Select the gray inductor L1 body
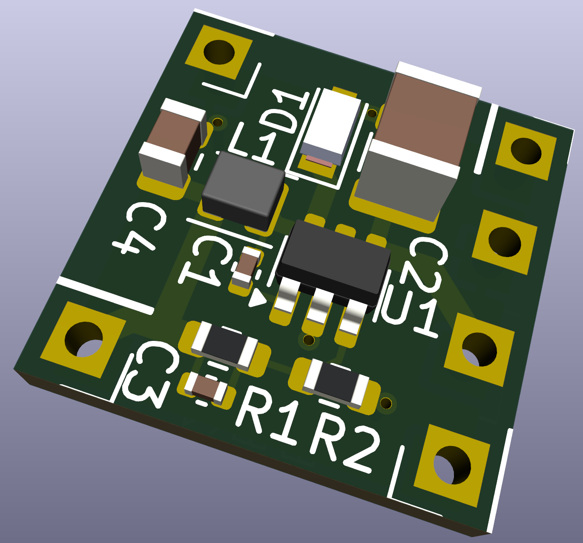(x=243, y=189)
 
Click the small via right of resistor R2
(x=386, y=403)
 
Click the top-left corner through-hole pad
(x=219, y=52)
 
